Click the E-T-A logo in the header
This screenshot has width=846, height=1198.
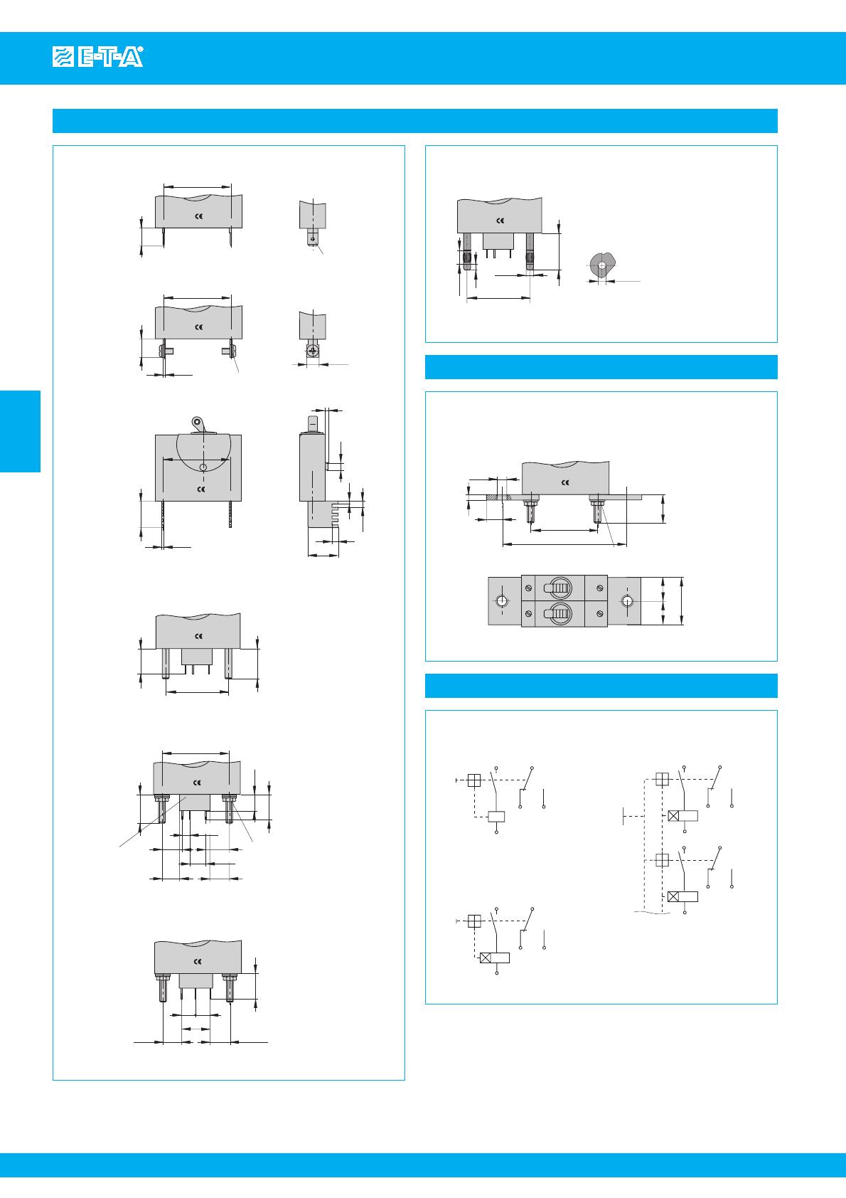tap(98, 57)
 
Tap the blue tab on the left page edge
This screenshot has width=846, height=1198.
tap(21, 431)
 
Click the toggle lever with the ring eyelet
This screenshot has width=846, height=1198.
tap(199, 425)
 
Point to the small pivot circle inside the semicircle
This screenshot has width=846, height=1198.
tap(203, 468)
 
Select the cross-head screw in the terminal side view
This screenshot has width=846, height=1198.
tap(313, 351)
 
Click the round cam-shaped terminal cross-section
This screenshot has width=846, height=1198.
tap(601, 265)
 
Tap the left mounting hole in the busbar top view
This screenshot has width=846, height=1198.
tap(502, 601)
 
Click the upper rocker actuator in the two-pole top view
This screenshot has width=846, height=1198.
tap(559, 588)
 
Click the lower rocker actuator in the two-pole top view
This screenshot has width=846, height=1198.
tap(559, 613)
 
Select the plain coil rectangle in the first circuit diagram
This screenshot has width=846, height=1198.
tap(496, 816)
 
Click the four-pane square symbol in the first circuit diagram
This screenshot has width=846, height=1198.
tap(474, 780)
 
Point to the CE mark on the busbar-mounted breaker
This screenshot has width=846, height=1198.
tap(565, 482)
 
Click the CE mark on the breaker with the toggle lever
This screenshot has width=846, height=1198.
tap(201, 489)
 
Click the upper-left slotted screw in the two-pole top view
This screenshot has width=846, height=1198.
tap(528, 588)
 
